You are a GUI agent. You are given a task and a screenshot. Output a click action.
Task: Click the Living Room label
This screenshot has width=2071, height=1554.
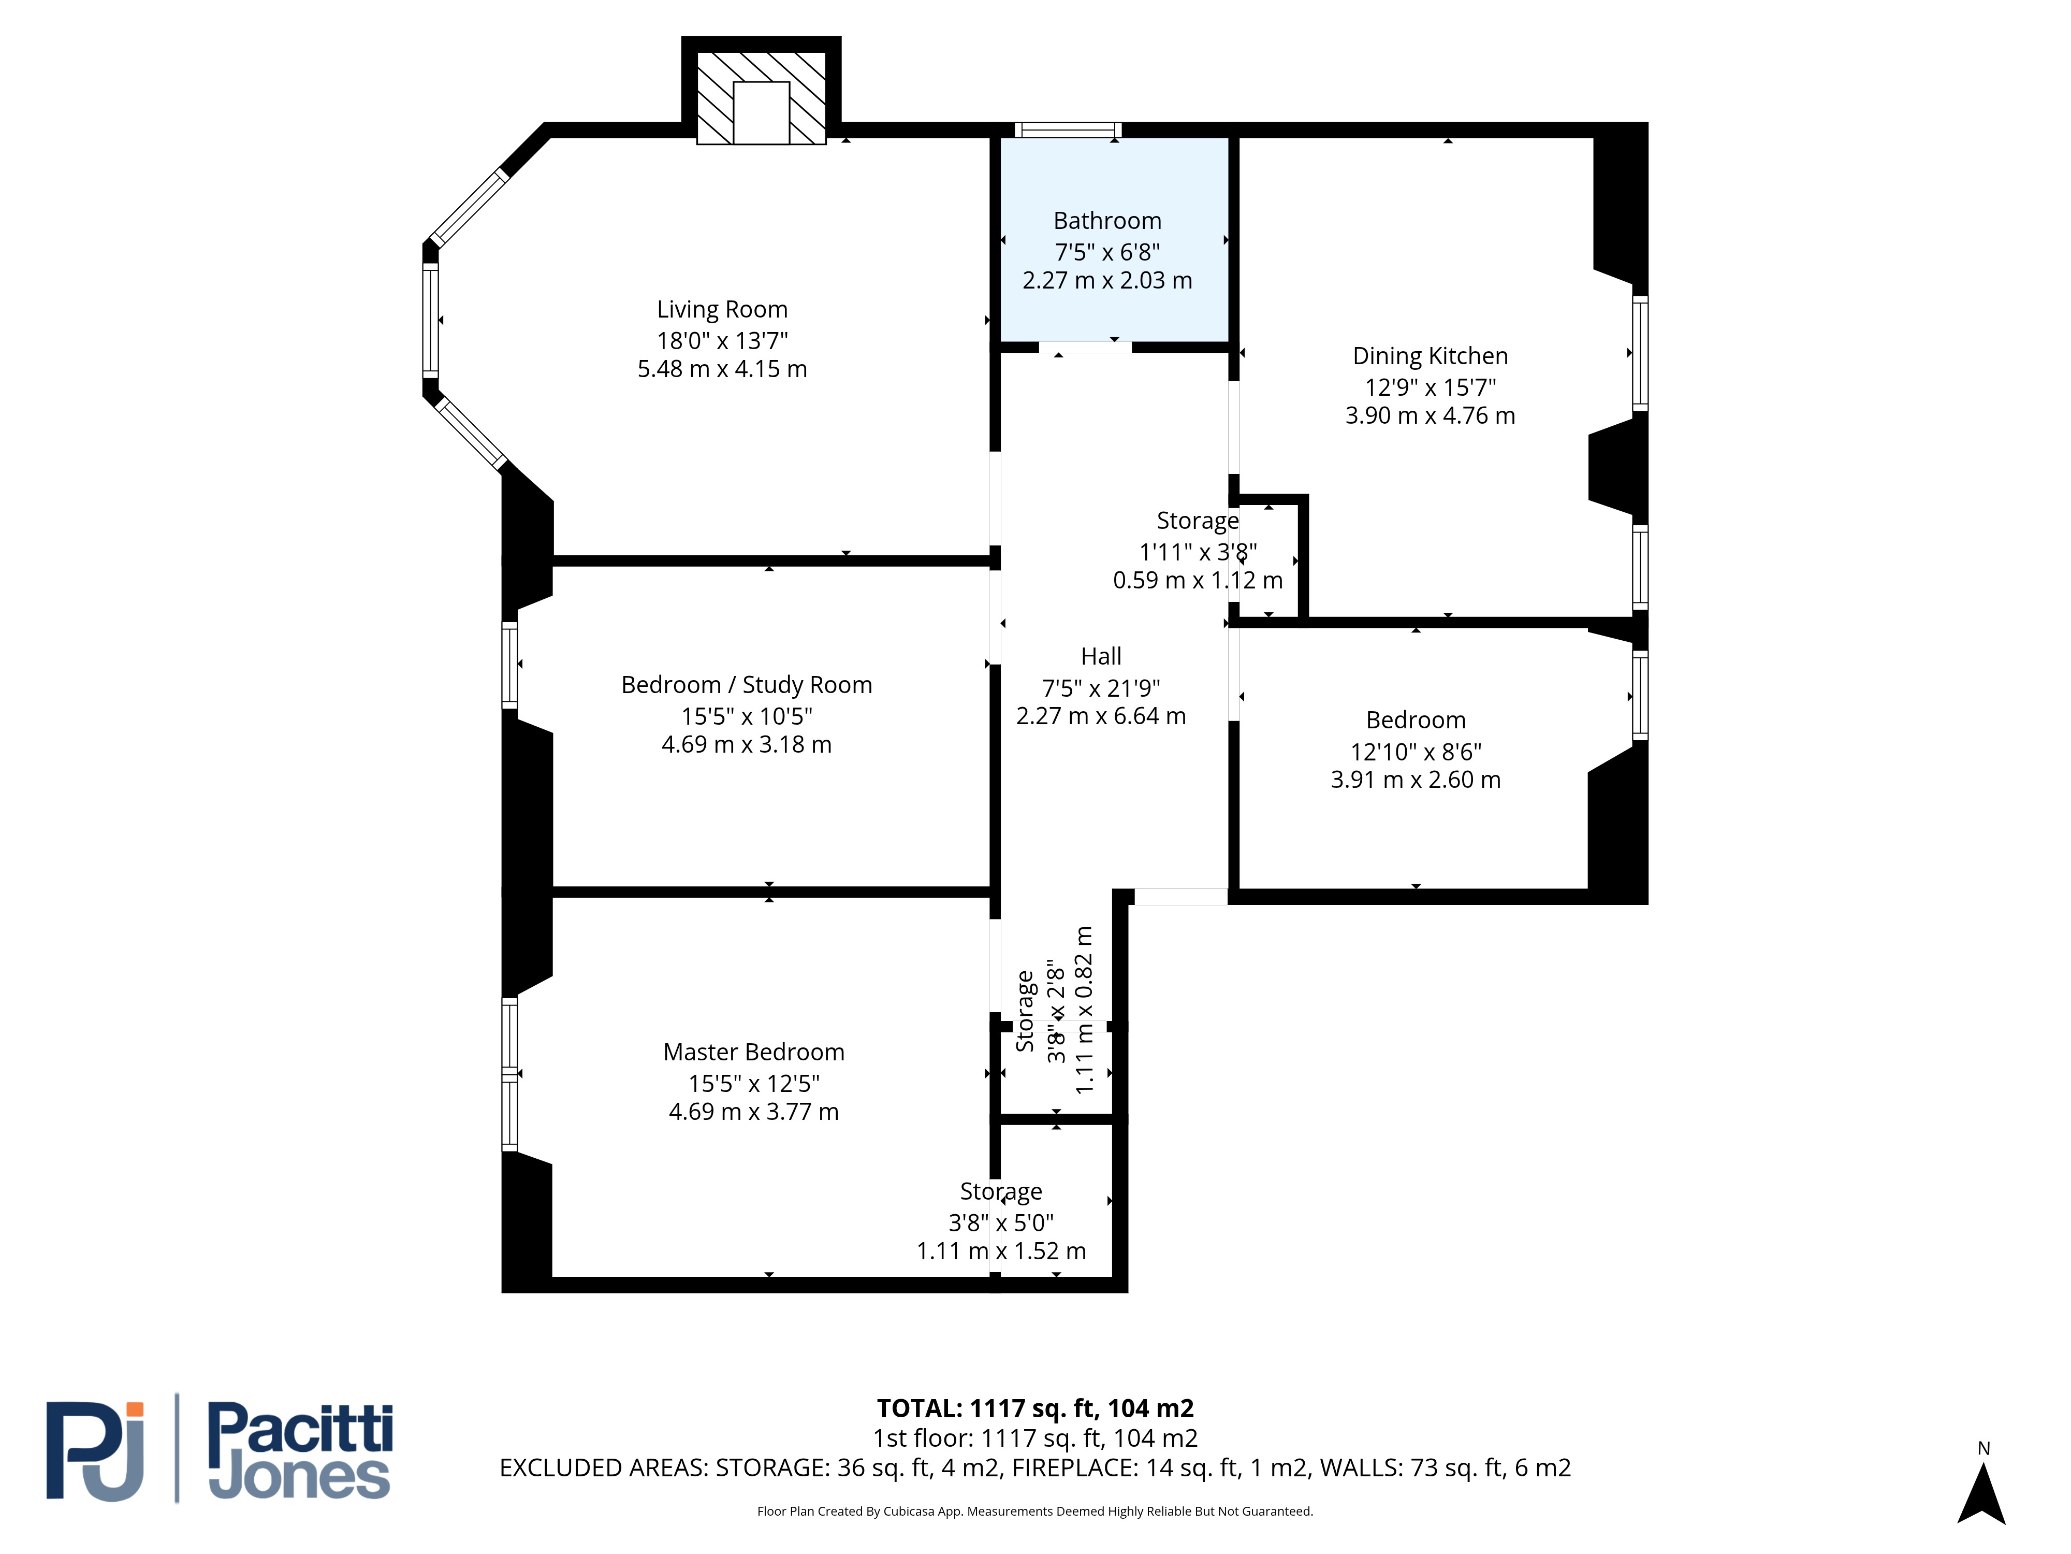pos(722,309)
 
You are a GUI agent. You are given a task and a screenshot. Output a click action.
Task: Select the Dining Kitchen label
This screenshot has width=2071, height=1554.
pos(1430,356)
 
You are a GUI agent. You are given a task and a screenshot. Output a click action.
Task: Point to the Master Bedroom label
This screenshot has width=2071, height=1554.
pos(754,1052)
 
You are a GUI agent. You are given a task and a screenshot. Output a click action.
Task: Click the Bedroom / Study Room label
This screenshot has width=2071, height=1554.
pos(746,685)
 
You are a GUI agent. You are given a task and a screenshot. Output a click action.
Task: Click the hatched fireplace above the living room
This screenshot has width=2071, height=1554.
pos(761,97)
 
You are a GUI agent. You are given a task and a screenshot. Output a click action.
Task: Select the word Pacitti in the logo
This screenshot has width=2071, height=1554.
pos(300,1429)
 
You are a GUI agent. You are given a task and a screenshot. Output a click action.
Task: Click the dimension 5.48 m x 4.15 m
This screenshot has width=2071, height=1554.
pos(722,369)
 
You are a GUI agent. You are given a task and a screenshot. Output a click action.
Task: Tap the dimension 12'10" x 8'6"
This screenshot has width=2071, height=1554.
pos(1416,751)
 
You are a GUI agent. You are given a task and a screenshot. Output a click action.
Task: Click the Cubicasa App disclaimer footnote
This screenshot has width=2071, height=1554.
pos(1034,1511)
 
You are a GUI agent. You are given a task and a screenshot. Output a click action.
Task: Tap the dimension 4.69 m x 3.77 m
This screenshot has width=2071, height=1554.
pos(754,1112)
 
